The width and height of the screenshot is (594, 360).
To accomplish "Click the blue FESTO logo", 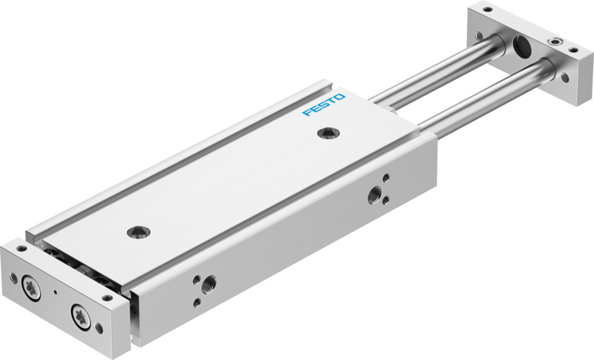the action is click(323, 104).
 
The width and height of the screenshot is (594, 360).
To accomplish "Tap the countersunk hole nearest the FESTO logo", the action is click(328, 133).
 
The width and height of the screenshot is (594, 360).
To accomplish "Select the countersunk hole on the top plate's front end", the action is click(138, 231).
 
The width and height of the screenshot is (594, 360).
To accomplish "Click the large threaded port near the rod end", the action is click(375, 195).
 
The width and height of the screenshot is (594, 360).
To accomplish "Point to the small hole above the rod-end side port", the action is click(386, 177).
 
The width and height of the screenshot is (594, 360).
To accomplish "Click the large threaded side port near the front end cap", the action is click(209, 284).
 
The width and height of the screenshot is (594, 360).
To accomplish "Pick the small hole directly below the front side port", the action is click(196, 302).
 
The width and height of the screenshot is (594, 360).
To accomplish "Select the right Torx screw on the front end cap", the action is click(81, 316).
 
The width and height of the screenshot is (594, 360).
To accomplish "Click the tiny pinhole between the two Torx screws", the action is click(56, 292).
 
